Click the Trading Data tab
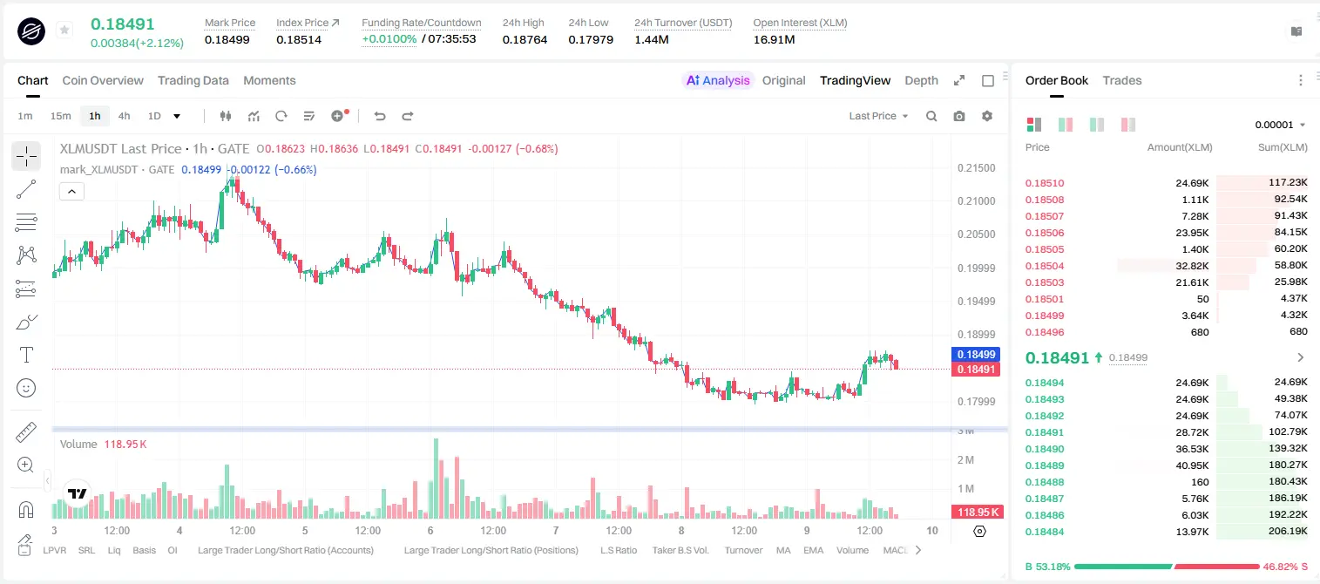pyautogui.click(x=193, y=80)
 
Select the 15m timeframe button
pyautogui.click(x=60, y=116)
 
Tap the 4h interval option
pyautogui.click(x=124, y=116)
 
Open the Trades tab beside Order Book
pyautogui.click(x=1122, y=80)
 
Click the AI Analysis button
pyautogui.click(x=718, y=80)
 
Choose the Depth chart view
pyautogui.click(x=921, y=80)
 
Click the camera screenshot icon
pyautogui.click(x=959, y=116)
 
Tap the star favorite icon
pyautogui.click(x=64, y=30)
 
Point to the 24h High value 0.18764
pyautogui.click(x=525, y=39)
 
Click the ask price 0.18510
pyautogui.click(x=1044, y=183)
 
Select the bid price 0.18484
pyautogui.click(x=1044, y=532)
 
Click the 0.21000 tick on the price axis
pyautogui.click(x=976, y=201)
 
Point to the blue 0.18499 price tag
pyautogui.click(x=976, y=354)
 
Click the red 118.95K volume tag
pyautogui.click(x=978, y=513)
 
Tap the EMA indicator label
pyautogui.click(x=813, y=550)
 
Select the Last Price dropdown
pyautogui.click(x=878, y=116)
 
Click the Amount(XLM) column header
pyautogui.click(x=1179, y=147)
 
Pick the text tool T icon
pyautogui.click(x=26, y=355)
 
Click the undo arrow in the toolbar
pyautogui.click(x=380, y=116)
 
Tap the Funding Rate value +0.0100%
pyautogui.click(x=389, y=39)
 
